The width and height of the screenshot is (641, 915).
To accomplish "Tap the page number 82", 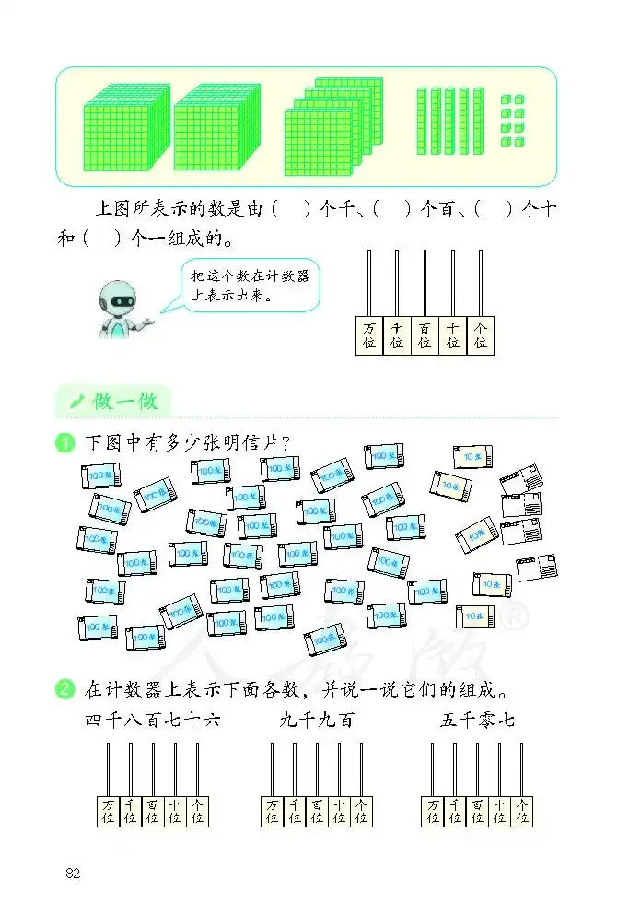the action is coord(73,873).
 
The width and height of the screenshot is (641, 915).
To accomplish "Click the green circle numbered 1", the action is coord(64,443).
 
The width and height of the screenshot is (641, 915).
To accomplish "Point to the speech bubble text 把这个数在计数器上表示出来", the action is coord(250,286).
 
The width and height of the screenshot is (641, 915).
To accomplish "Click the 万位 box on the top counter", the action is coord(369,335).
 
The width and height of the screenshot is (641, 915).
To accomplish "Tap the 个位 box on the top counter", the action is coord(480,335).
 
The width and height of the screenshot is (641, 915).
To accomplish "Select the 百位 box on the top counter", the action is coord(425,335).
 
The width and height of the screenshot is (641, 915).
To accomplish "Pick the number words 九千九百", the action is coord(317,720).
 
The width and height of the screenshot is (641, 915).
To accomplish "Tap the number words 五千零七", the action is coord(477,720).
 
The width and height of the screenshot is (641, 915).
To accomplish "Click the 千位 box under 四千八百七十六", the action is coord(130,811).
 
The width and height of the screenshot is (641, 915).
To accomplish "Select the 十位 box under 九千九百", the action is coord(339,811).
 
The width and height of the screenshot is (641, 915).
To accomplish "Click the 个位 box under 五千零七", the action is coord(522,811).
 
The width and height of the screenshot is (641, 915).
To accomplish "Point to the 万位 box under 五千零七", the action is coord(433,811).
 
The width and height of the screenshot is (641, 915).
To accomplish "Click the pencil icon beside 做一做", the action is coord(76,401).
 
